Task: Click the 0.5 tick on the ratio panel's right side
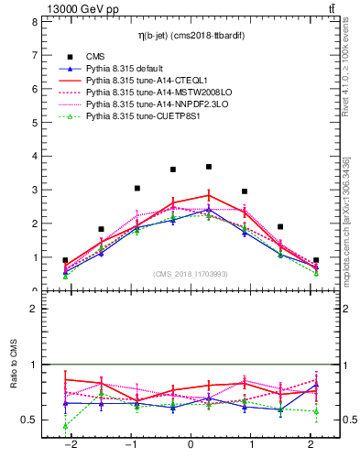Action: coord(345,420)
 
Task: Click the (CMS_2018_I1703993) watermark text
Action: coord(191,274)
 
